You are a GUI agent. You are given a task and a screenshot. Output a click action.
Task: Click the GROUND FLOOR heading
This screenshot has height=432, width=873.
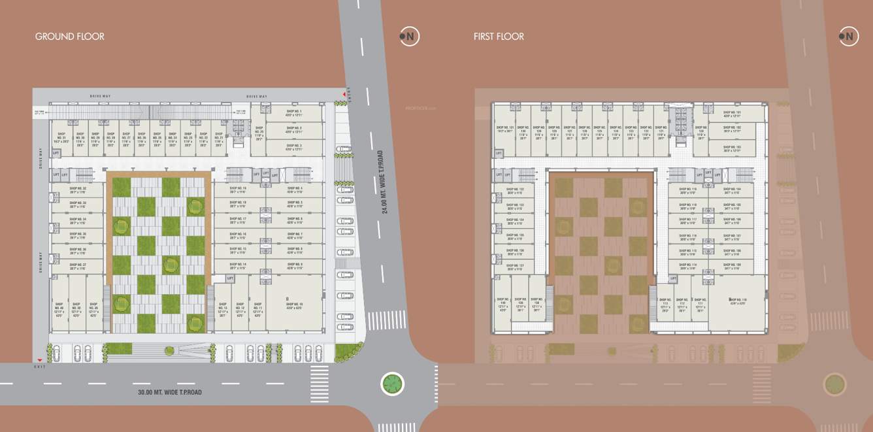point(69,37)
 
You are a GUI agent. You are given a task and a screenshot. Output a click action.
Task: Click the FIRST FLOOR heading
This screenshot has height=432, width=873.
point(499,37)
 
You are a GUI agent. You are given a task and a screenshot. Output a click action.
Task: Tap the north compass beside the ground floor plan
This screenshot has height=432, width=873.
point(409,37)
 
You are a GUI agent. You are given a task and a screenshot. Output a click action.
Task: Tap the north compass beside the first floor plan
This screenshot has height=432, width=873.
point(848,37)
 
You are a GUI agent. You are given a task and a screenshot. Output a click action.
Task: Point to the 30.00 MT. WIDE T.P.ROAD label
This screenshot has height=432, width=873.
point(170,392)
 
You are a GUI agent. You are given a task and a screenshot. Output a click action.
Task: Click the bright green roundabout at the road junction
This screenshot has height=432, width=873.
point(392,384)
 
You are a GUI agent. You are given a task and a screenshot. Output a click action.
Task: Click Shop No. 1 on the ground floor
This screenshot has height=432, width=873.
point(293,114)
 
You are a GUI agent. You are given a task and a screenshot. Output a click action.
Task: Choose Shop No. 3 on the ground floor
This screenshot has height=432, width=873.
point(293,148)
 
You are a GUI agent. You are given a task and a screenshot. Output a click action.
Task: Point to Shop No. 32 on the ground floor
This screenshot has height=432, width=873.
point(78,190)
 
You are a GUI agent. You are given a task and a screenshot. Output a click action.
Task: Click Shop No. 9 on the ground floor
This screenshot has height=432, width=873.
point(295,266)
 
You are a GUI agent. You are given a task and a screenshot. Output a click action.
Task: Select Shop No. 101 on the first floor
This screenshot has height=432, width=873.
point(732,114)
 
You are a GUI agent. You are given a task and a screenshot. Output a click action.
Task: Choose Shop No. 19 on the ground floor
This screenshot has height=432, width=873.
point(239,190)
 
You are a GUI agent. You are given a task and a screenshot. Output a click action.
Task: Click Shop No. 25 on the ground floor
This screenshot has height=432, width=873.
point(259,135)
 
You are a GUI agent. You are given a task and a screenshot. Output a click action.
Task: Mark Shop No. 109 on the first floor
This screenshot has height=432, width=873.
point(732,266)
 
